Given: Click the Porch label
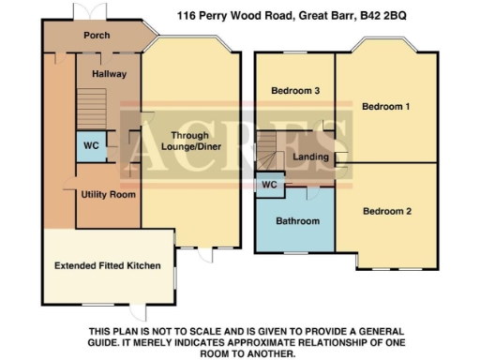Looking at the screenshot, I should point(97,35).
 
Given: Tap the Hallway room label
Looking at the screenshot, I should point(108,73).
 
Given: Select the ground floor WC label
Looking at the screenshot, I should point(90,146).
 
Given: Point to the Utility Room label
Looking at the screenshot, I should point(109,195).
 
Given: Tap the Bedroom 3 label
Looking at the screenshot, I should point(289,91).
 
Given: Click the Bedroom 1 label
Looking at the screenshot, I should point(385,107).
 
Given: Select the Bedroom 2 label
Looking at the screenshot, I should point(387,211).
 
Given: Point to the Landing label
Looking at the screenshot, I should point(309,157).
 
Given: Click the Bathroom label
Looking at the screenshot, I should point(296,221).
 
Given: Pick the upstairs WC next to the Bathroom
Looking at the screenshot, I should point(268,185).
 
